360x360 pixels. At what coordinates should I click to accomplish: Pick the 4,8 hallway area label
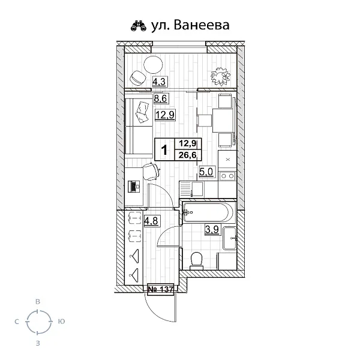[151, 220]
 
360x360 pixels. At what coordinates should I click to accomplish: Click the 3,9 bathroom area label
[212, 229]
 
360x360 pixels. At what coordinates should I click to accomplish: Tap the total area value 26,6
[187, 155]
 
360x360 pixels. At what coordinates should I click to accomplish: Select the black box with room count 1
[164, 149]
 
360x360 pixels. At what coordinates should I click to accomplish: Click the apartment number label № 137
[161, 290]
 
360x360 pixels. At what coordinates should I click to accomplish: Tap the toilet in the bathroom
[195, 259]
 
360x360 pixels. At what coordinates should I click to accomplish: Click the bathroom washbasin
[230, 239]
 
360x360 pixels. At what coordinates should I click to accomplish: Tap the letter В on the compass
[38, 301]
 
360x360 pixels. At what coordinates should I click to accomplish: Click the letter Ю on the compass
[61, 322]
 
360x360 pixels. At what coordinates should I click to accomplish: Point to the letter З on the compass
[38, 343]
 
